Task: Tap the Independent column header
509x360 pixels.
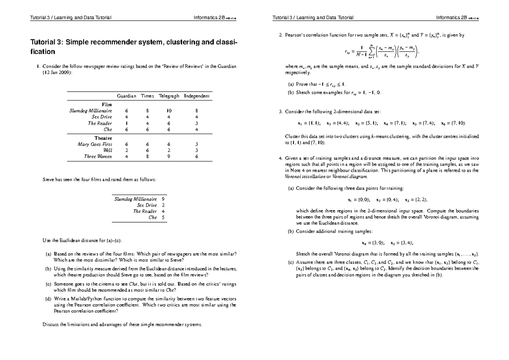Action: tap(196, 96)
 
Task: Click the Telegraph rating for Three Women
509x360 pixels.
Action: tap(169, 156)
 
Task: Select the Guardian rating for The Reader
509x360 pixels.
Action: tap(126, 123)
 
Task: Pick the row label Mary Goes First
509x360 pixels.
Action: tap(95, 144)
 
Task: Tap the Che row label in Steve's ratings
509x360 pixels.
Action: tap(153, 217)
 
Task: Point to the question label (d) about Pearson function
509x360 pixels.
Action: tap(48, 299)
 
